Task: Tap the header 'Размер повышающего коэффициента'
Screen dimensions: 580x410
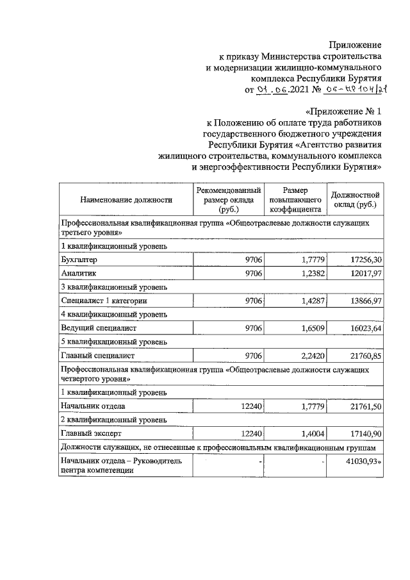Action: (295, 199)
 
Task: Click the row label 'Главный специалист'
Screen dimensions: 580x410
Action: (95, 354)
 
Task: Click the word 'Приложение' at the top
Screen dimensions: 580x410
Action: (356, 44)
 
